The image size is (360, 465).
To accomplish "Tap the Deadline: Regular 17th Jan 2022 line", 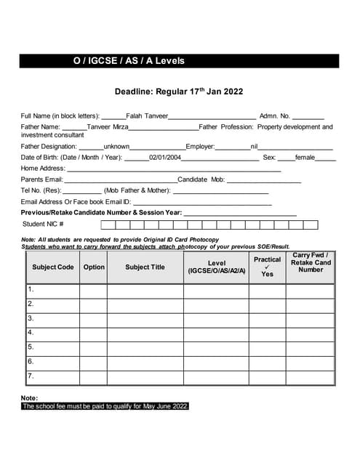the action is tap(178, 92).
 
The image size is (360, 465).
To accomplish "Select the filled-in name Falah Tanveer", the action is tap(147, 116).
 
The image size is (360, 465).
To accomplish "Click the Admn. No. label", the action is tap(274, 116).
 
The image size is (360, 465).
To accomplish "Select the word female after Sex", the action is tap(305, 157).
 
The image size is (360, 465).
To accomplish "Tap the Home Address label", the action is tap(43, 168).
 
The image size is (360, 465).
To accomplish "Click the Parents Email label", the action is tap(42, 179).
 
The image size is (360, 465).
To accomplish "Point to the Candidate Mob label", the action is tap(201, 179).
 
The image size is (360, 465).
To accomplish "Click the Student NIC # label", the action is tap(43, 224).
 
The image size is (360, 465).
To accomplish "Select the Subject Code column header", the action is tap(53, 267).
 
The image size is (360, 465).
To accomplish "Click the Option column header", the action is tap(94, 267).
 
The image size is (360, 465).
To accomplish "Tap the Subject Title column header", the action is tap(145, 267).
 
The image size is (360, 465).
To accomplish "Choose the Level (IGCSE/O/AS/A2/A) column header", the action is tap(217, 267).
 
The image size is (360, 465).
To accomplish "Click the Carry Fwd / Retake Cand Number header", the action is tap(311, 262).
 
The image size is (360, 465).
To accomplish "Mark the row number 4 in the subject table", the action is tap(31, 333).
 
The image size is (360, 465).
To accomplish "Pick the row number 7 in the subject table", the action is tap(31, 376).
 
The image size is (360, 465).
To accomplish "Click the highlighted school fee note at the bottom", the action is tap(105, 406).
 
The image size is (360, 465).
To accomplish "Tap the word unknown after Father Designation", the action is tap(117, 146).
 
